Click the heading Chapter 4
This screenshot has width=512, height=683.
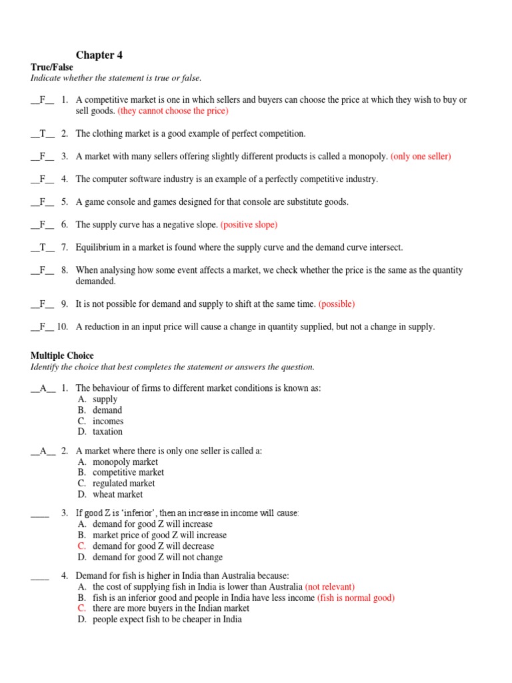99,55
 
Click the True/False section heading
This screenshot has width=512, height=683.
52,67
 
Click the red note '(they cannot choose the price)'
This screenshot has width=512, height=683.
173,111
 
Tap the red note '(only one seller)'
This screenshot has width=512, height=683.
421,156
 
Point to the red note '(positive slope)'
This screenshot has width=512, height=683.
249,225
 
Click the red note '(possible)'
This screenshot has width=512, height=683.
337,304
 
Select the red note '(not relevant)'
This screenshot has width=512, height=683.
330,587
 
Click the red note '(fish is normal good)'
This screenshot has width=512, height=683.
355,598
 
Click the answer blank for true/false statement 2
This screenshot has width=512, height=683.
43,133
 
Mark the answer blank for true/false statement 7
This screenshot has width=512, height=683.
43,247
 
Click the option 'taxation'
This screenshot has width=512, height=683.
107,432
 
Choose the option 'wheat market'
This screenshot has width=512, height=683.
117,494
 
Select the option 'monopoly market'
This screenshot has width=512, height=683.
125,462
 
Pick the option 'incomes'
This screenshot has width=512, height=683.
108,421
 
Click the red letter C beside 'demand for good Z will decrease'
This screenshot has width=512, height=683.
81,546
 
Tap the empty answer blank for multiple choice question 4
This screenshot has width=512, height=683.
40,576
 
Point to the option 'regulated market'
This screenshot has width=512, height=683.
123,483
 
